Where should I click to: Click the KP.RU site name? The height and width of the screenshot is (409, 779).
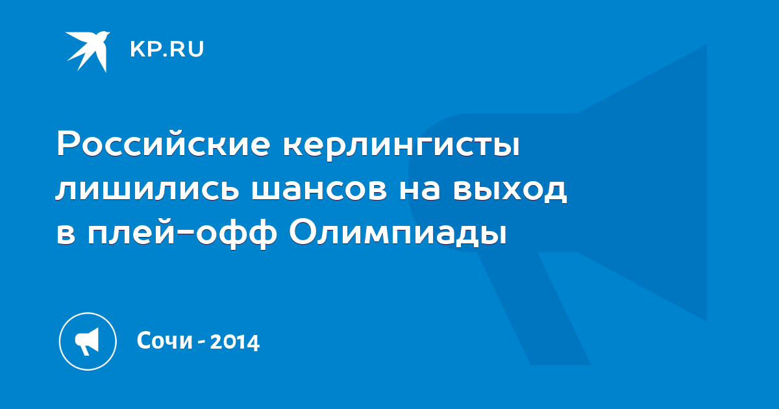pos(167,49)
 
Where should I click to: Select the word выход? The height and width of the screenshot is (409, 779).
pos(510,191)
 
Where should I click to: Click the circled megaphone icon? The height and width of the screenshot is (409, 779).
pos(88,341)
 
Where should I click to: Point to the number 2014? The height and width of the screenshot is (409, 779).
pos(235,342)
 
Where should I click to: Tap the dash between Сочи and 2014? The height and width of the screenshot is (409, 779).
pos(201,343)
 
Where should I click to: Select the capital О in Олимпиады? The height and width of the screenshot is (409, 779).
pos(304,231)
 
